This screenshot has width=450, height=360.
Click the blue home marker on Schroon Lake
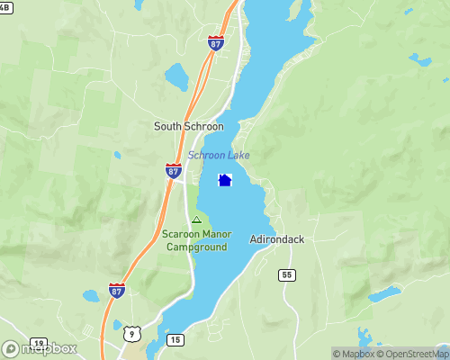click(x=225, y=181)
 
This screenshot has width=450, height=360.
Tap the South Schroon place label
click(x=189, y=127)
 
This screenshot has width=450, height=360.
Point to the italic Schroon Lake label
click(x=219, y=156)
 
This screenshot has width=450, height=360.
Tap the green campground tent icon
click(x=196, y=220)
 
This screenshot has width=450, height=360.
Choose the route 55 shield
click(x=287, y=274)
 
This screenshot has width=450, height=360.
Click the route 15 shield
click(x=175, y=339)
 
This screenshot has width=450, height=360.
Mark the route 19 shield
click(x=39, y=344)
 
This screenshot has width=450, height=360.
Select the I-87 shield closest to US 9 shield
click(x=117, y=289)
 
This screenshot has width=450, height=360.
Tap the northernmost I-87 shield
click(x=215, y=42)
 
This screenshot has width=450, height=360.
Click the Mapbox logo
click(x=40, y=348)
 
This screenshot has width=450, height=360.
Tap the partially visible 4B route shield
click(x=5, y=6)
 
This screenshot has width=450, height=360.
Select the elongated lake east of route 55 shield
click(x=384, y=294)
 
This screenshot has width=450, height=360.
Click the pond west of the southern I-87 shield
click(x=91, y=296)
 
